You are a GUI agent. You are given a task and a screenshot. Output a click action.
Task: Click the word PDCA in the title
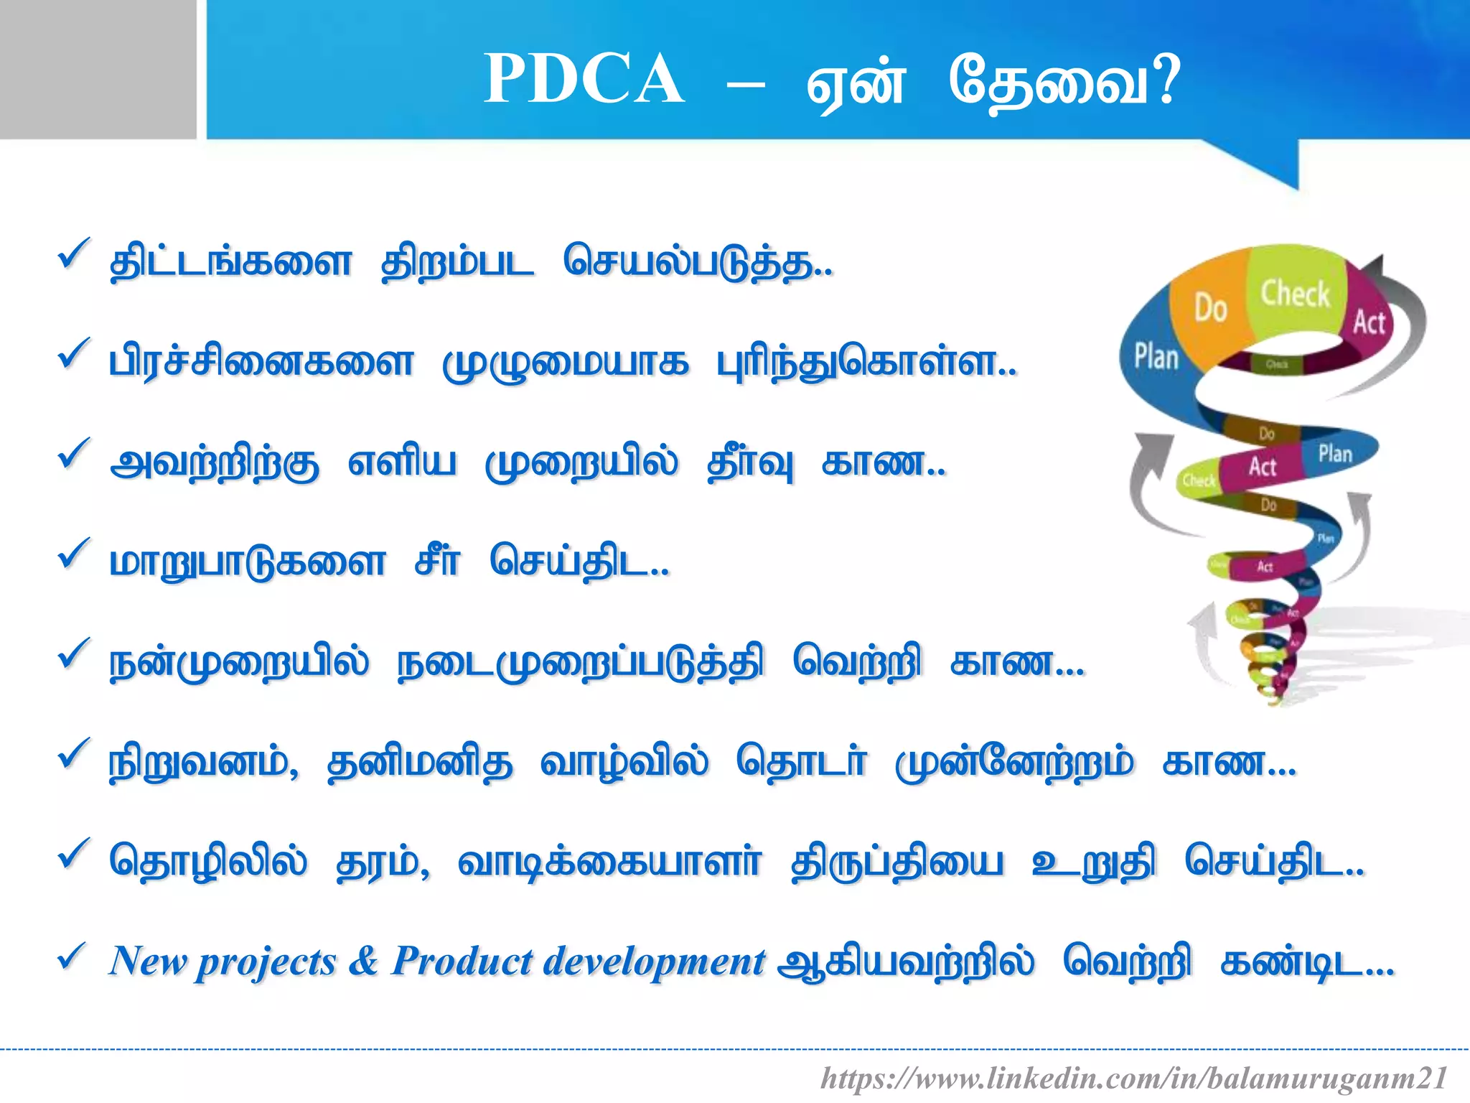pyautogui.click(x=584, y=79)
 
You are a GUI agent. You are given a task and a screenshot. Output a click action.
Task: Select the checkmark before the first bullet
pyautogui.click(x=73, y=255)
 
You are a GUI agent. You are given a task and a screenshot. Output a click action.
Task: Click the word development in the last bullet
pyautogui.click(x=654, y=962)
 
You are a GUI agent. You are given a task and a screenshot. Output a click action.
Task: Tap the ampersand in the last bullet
pyautogui.click(x=363, y=961)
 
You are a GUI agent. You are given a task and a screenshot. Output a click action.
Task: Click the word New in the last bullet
pyautogui.click(x=147, y=961)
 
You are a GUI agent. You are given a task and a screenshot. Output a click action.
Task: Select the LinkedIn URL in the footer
pyautogui.click(x=1133, y=1078)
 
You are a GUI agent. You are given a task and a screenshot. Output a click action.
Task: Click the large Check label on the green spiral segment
pyautogui.click(x=1296, y=294)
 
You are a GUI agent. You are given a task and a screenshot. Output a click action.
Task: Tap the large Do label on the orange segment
pyautogui.click(x=1210, y=308)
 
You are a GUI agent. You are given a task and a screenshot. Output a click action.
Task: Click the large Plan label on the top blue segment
pyautogui.click(x=1156, y=356)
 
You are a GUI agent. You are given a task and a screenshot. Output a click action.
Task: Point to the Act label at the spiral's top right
pyautogui.click(x=1369, y=322)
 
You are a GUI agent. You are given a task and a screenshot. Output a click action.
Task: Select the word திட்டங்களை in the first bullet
pyautogui.click(x=230, y=263)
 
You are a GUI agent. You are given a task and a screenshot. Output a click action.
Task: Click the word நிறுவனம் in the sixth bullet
pyautogui.click(x=202, y=763)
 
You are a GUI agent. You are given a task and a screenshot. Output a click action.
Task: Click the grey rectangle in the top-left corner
pyautogui.click(x=98, y=69)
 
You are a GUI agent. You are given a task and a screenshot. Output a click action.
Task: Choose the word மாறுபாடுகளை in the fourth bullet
pyautogui.click(x=248, y=563)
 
